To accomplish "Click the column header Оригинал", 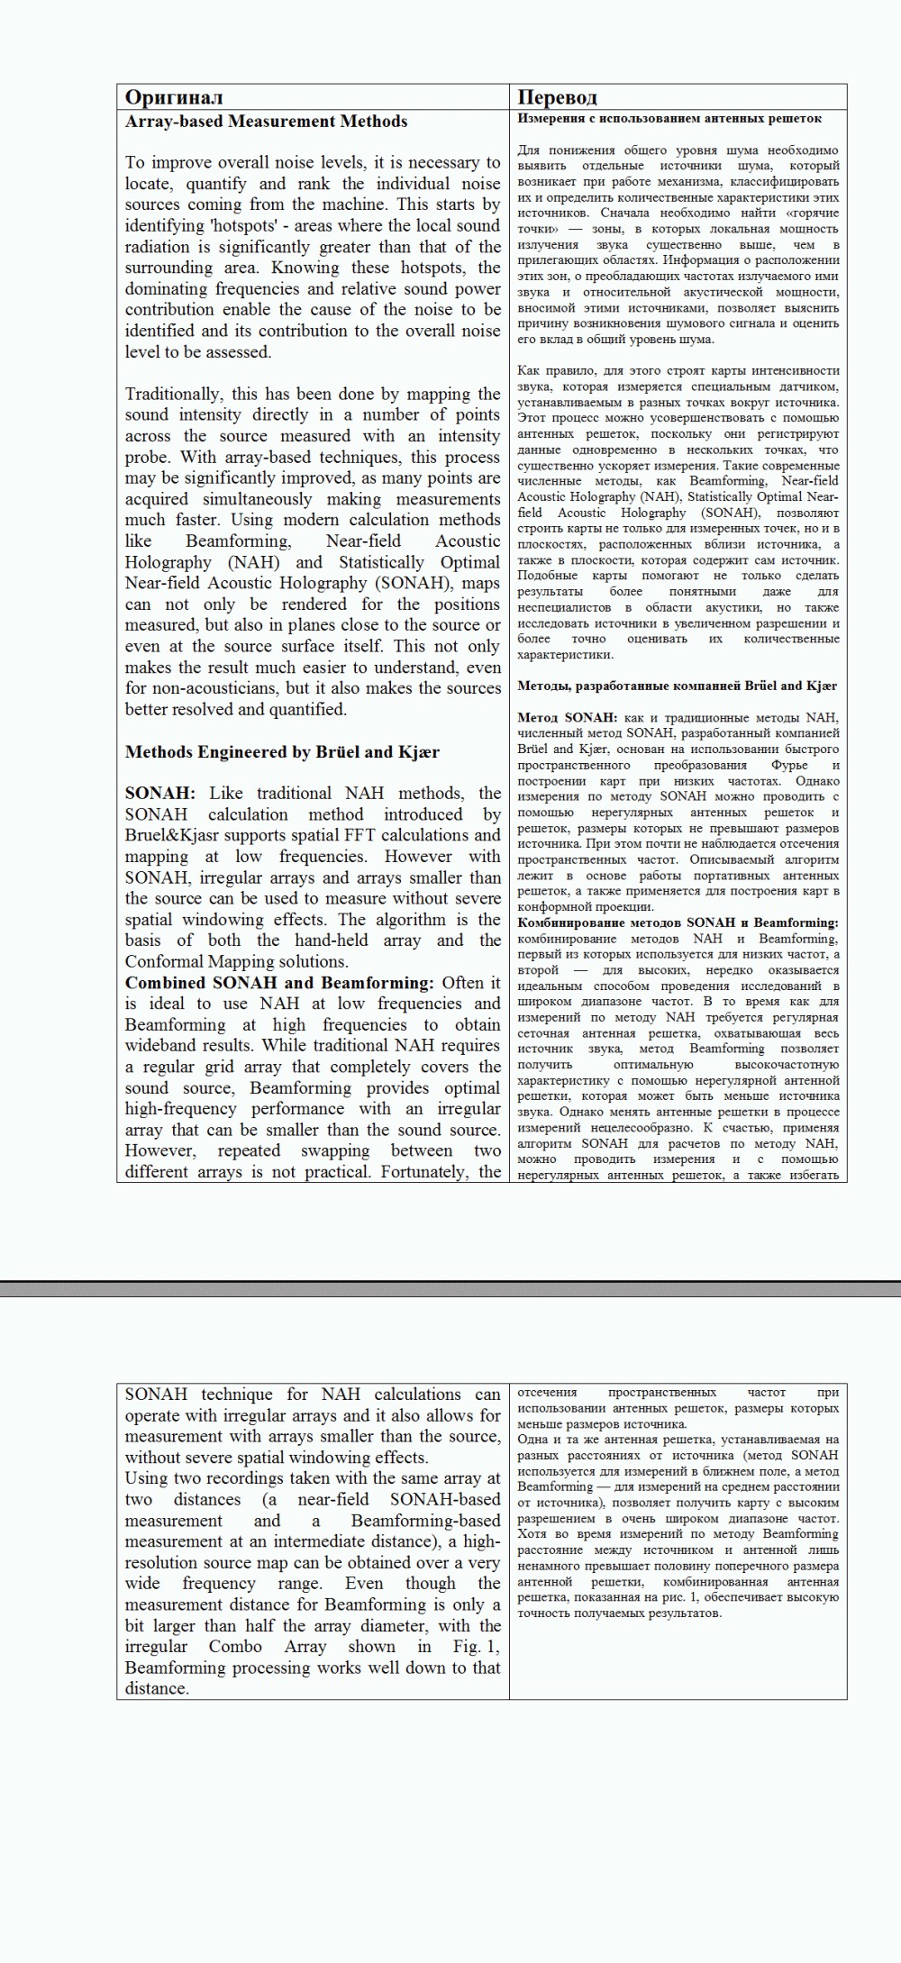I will (174, 97).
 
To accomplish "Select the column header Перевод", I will (557, 97).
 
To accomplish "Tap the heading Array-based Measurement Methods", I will (266, 122).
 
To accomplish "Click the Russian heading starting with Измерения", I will (669, 118).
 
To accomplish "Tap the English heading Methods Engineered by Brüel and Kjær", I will (282, 752).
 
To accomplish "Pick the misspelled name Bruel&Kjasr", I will (170, 835).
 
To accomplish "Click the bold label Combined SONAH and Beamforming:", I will (279, 983).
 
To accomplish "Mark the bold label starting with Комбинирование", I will (678, 922).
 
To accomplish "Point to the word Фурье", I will (789, 765).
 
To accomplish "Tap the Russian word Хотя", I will (532, 1533).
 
